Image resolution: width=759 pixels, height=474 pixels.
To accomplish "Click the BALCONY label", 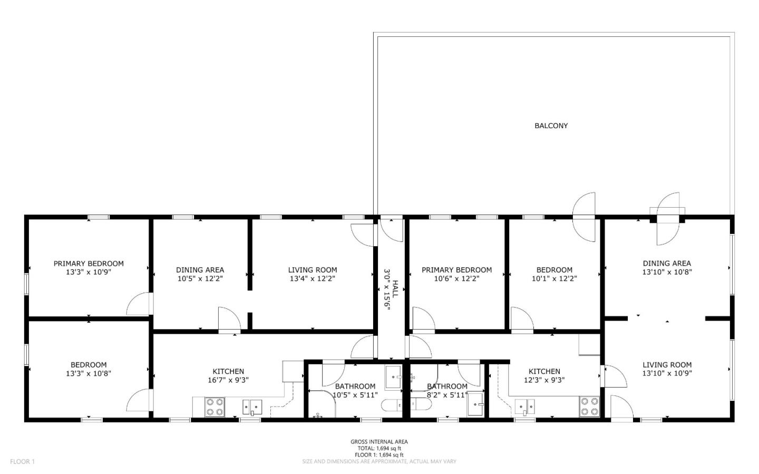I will tap(551, 125).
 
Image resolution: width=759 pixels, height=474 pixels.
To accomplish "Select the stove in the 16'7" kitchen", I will tap(214, 407).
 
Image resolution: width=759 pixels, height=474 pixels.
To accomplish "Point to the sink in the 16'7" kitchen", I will tap(252, 407).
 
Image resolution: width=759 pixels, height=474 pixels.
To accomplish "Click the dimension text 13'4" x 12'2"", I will tap(313, 278).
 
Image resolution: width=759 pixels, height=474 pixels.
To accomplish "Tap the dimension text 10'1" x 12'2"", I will tap(554, 278).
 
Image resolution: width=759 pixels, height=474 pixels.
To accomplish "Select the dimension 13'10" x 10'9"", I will tap(667, 373).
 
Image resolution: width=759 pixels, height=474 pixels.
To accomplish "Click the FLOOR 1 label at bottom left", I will tap(22, 461).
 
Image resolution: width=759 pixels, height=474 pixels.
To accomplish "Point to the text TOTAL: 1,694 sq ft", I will tap(379, 448).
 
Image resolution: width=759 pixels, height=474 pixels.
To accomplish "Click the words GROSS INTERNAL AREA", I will tap(379, 442).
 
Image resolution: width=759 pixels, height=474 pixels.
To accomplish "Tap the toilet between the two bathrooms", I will tap(400, 405).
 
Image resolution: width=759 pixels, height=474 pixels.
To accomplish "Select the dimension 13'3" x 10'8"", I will tap(89, 373).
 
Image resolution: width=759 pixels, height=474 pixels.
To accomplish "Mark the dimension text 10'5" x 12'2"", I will tap(200, 278).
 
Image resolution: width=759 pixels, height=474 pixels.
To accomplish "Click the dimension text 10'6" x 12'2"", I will tap(456, 278).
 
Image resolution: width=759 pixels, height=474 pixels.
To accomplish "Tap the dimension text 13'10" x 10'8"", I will tap(667, 272).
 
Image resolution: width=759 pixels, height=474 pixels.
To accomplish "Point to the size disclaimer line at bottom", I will tap(379, 461).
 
